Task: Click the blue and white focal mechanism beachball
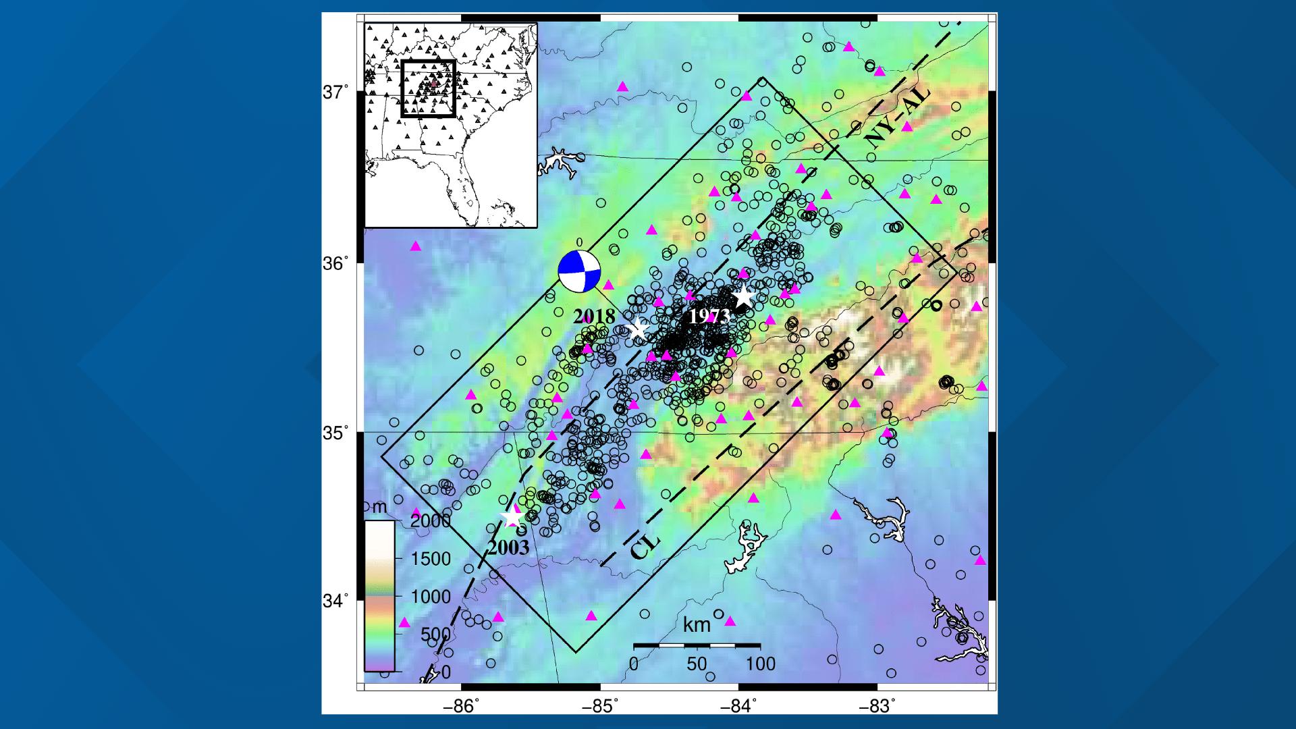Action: click(579, 272)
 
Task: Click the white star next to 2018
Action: click(638, 329)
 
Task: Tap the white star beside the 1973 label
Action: click(743, 296)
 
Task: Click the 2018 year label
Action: click(594, 317)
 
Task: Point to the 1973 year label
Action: click(709, 317)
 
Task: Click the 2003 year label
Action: click(508, 547)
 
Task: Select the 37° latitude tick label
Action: click(335, 92)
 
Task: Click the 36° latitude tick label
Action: click(335, 263)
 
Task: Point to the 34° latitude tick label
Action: click(335, 599)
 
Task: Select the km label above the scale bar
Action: click(697, 625)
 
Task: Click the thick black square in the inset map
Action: click(428, 88)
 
